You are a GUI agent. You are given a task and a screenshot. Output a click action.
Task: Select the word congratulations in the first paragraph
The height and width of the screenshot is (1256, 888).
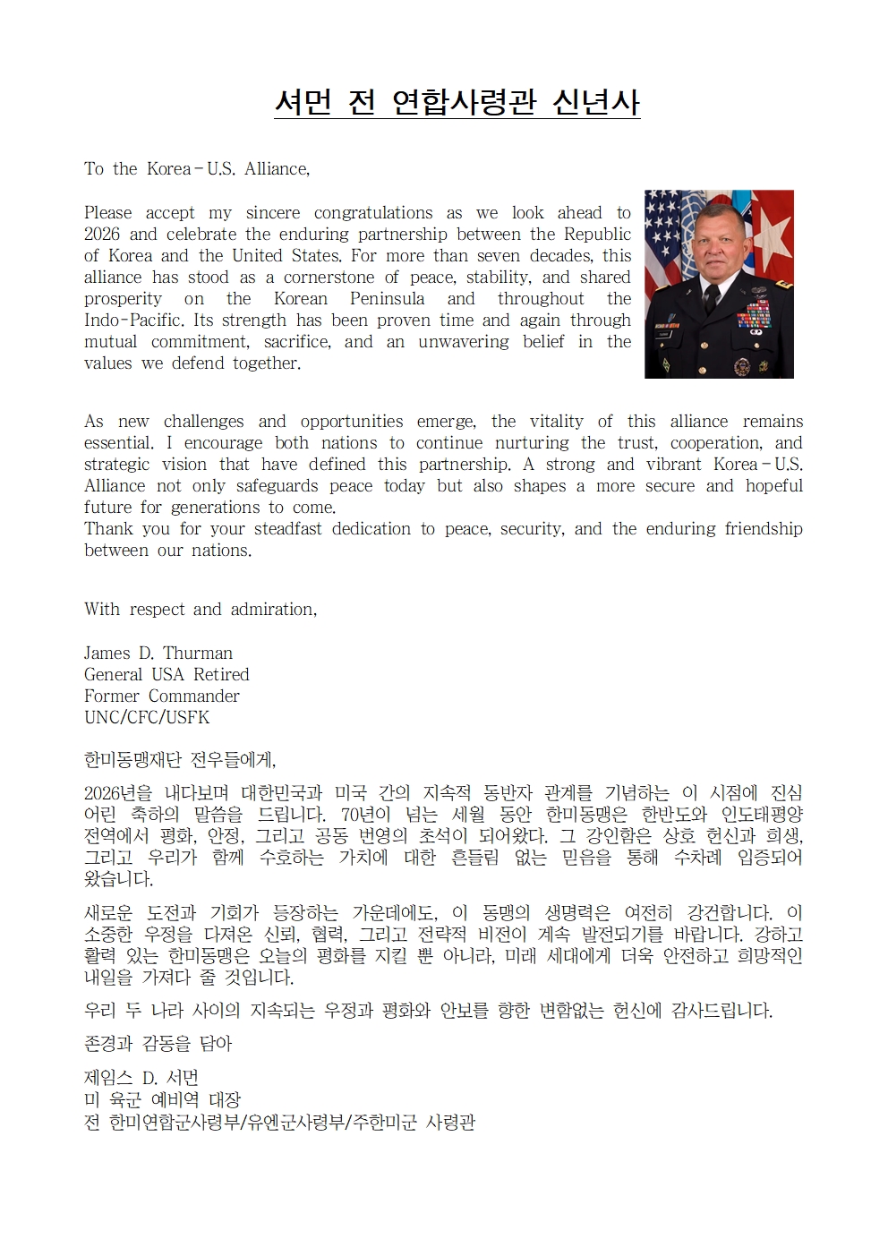373,213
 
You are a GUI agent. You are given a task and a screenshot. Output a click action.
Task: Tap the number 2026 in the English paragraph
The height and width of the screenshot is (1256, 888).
102,235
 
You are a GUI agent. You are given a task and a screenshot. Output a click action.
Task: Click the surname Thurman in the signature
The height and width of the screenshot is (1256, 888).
198,654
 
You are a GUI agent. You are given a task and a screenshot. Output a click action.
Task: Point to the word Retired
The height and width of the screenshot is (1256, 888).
221,675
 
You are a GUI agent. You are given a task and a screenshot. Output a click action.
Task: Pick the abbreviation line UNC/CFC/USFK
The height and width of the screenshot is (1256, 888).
147,718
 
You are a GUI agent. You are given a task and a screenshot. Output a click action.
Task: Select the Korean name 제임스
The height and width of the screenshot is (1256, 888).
108,1077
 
